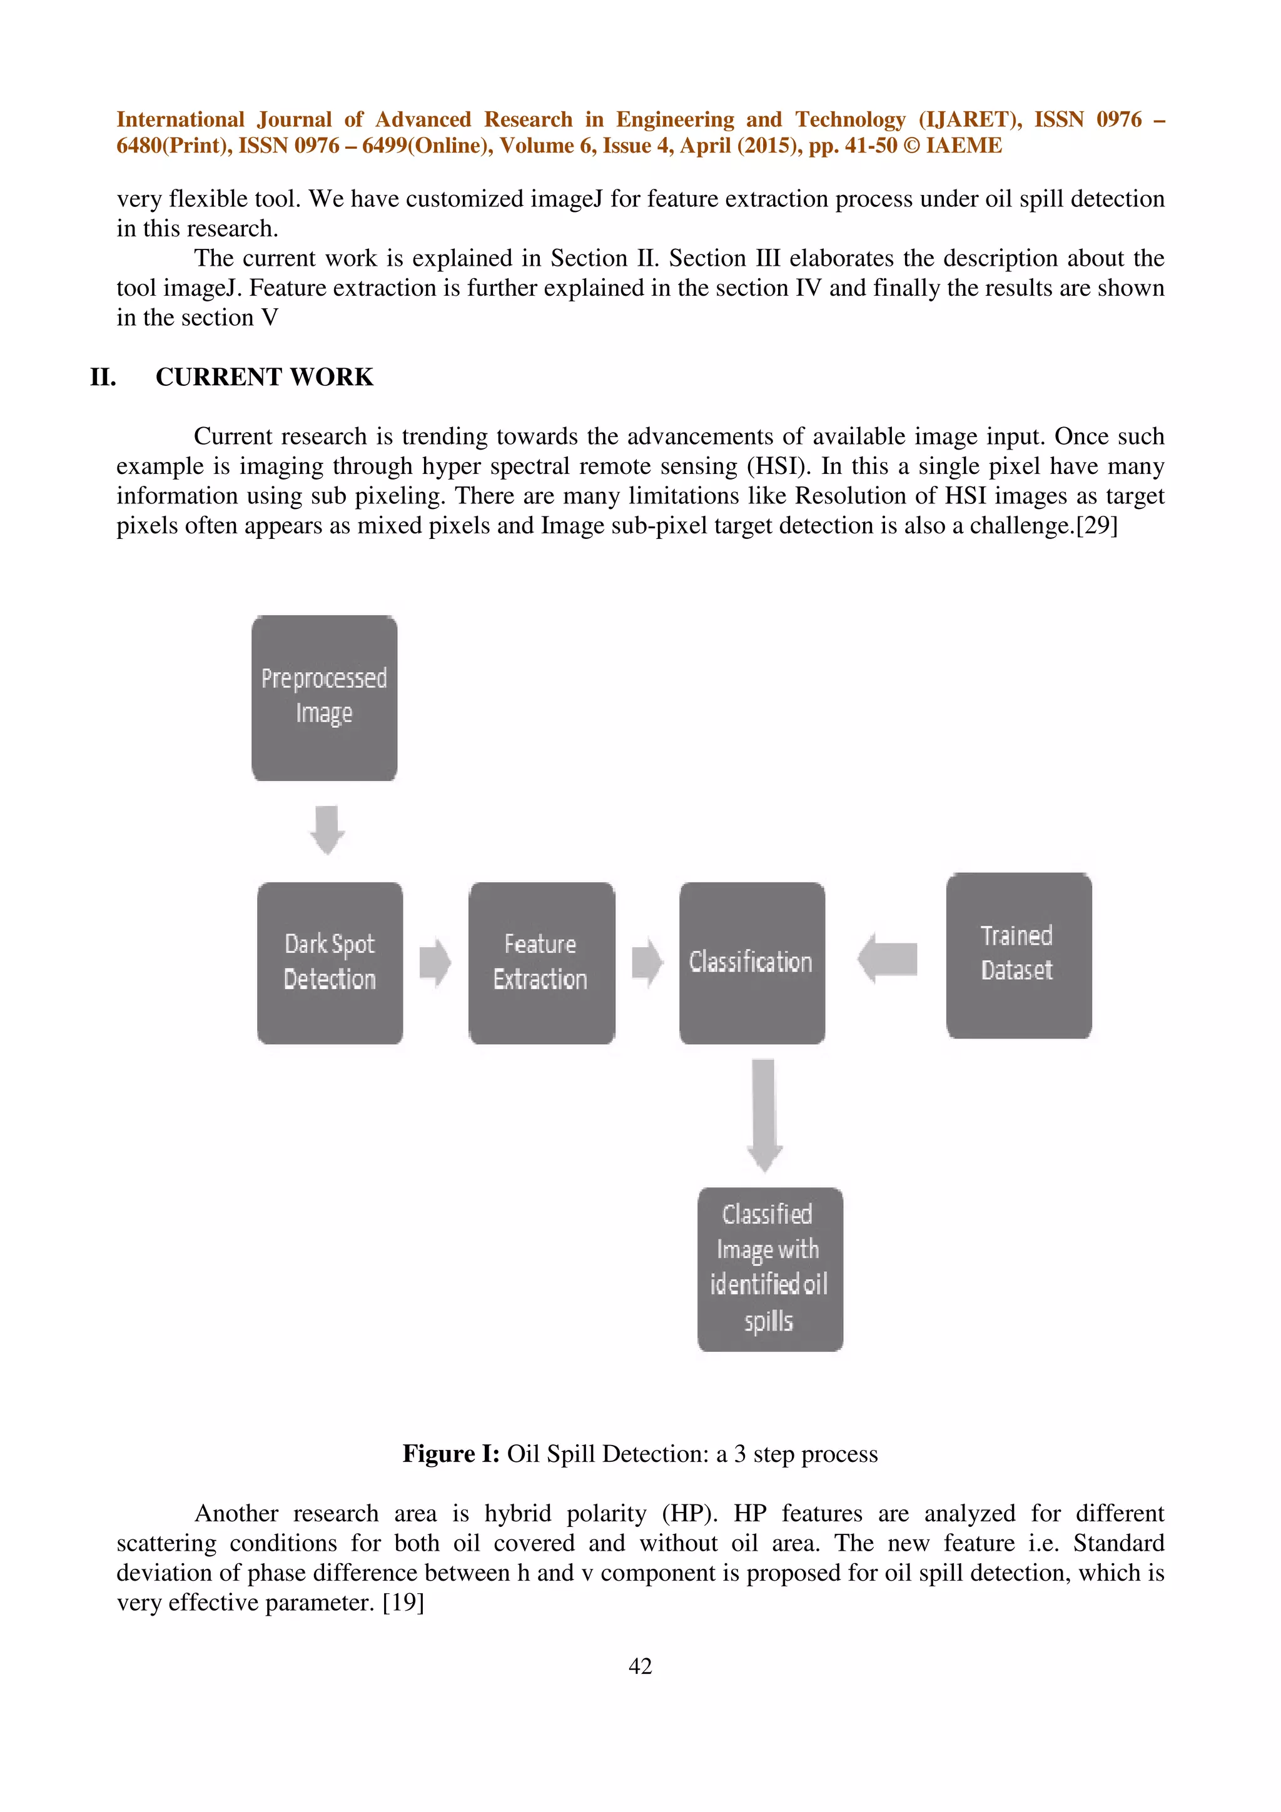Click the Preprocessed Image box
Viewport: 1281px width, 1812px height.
pos(325,698)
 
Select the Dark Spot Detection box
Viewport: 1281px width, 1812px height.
pos(330,963)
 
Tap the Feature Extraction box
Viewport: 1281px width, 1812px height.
pos(542,963)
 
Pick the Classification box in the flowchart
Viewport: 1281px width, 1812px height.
pos(751,963)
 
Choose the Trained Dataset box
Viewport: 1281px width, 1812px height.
pos(1018,955)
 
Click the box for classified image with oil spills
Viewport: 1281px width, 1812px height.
pos(769,1269)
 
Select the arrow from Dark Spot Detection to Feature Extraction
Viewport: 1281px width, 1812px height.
pos(435,962)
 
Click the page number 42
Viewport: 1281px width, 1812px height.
pos(640,1666)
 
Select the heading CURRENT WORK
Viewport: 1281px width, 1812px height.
pos(265,377)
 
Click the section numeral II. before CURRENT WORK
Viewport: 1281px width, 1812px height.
pos(103,377)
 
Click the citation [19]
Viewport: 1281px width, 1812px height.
pos(403,1603)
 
